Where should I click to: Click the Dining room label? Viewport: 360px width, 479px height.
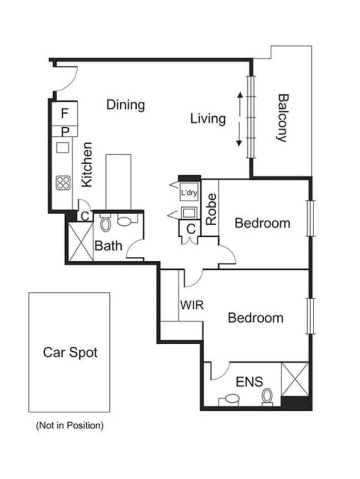tap(126, 105)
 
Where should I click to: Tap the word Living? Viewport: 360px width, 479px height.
tap(208, 119)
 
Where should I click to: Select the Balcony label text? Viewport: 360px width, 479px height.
tap(282, 118)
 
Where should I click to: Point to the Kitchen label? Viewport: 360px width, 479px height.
tap(87, 164)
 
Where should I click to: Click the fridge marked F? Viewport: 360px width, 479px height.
tap(65, 114)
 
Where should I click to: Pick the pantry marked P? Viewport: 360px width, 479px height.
tap(65, 131)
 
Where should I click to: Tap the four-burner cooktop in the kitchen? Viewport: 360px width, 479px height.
tap(63, 182)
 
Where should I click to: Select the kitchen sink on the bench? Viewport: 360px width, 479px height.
tap(63, 147)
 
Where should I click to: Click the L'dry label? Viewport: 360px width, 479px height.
tap(189, 193)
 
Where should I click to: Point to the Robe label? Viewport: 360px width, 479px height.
tap(211, 208)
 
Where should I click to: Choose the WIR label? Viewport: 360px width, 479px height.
tap(192, 305)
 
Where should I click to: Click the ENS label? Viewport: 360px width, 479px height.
tap(249, 381)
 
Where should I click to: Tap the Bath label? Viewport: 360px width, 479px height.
tap(109, 245)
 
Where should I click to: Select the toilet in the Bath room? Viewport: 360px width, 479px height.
tap(105, 224)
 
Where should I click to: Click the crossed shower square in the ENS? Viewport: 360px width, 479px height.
tap(295, 379)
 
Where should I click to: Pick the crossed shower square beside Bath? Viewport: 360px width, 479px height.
tap(80, 242)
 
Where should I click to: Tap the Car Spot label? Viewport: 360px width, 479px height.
tap(70, 353)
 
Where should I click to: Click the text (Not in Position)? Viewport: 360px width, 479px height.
tap(70, 426)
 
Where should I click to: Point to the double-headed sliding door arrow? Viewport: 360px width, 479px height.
tap(239, 119)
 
